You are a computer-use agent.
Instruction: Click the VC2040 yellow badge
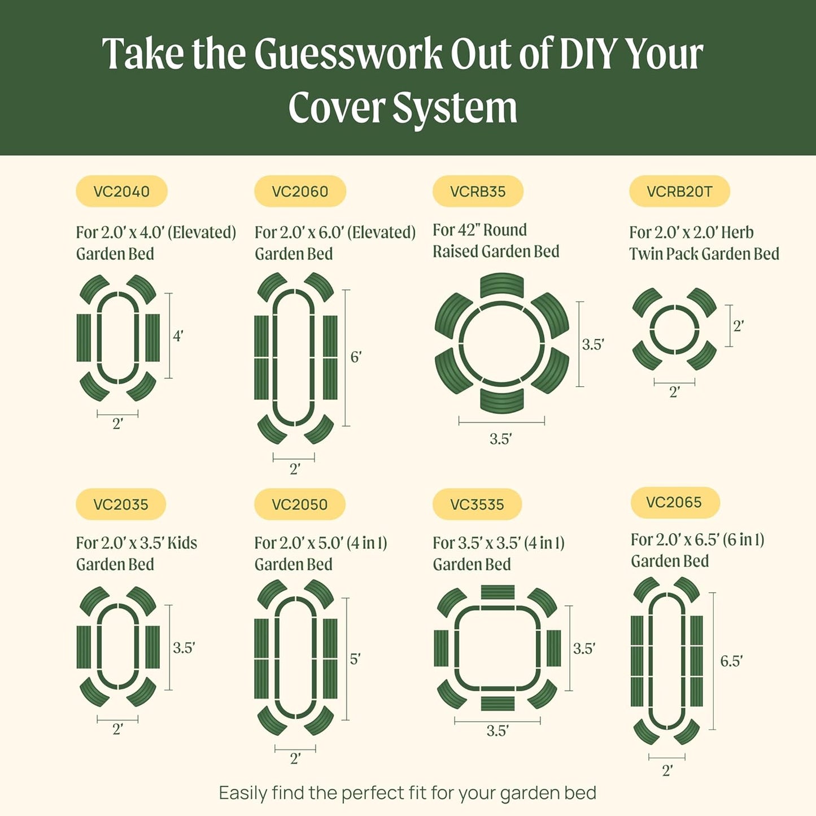121,191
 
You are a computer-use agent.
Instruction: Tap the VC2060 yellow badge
300,191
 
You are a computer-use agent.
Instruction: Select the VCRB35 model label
478,191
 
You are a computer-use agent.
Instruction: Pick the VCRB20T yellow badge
679,191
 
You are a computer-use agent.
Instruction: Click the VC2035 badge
121,504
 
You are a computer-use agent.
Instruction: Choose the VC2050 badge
299,504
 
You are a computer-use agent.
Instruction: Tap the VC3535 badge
477,504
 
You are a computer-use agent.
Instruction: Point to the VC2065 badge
674,502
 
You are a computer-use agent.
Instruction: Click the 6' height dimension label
356,357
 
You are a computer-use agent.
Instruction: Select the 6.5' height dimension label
731,661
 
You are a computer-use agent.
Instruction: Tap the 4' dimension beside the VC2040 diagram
178,336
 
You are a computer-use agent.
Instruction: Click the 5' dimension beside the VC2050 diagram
355,659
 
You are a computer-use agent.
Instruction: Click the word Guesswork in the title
348,55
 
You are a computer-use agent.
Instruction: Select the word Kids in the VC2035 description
182,543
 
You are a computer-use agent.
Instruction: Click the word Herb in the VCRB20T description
737,233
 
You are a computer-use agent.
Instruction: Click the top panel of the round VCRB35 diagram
501,285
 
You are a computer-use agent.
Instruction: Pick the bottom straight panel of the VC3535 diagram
498,703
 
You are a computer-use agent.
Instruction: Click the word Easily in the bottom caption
243,793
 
